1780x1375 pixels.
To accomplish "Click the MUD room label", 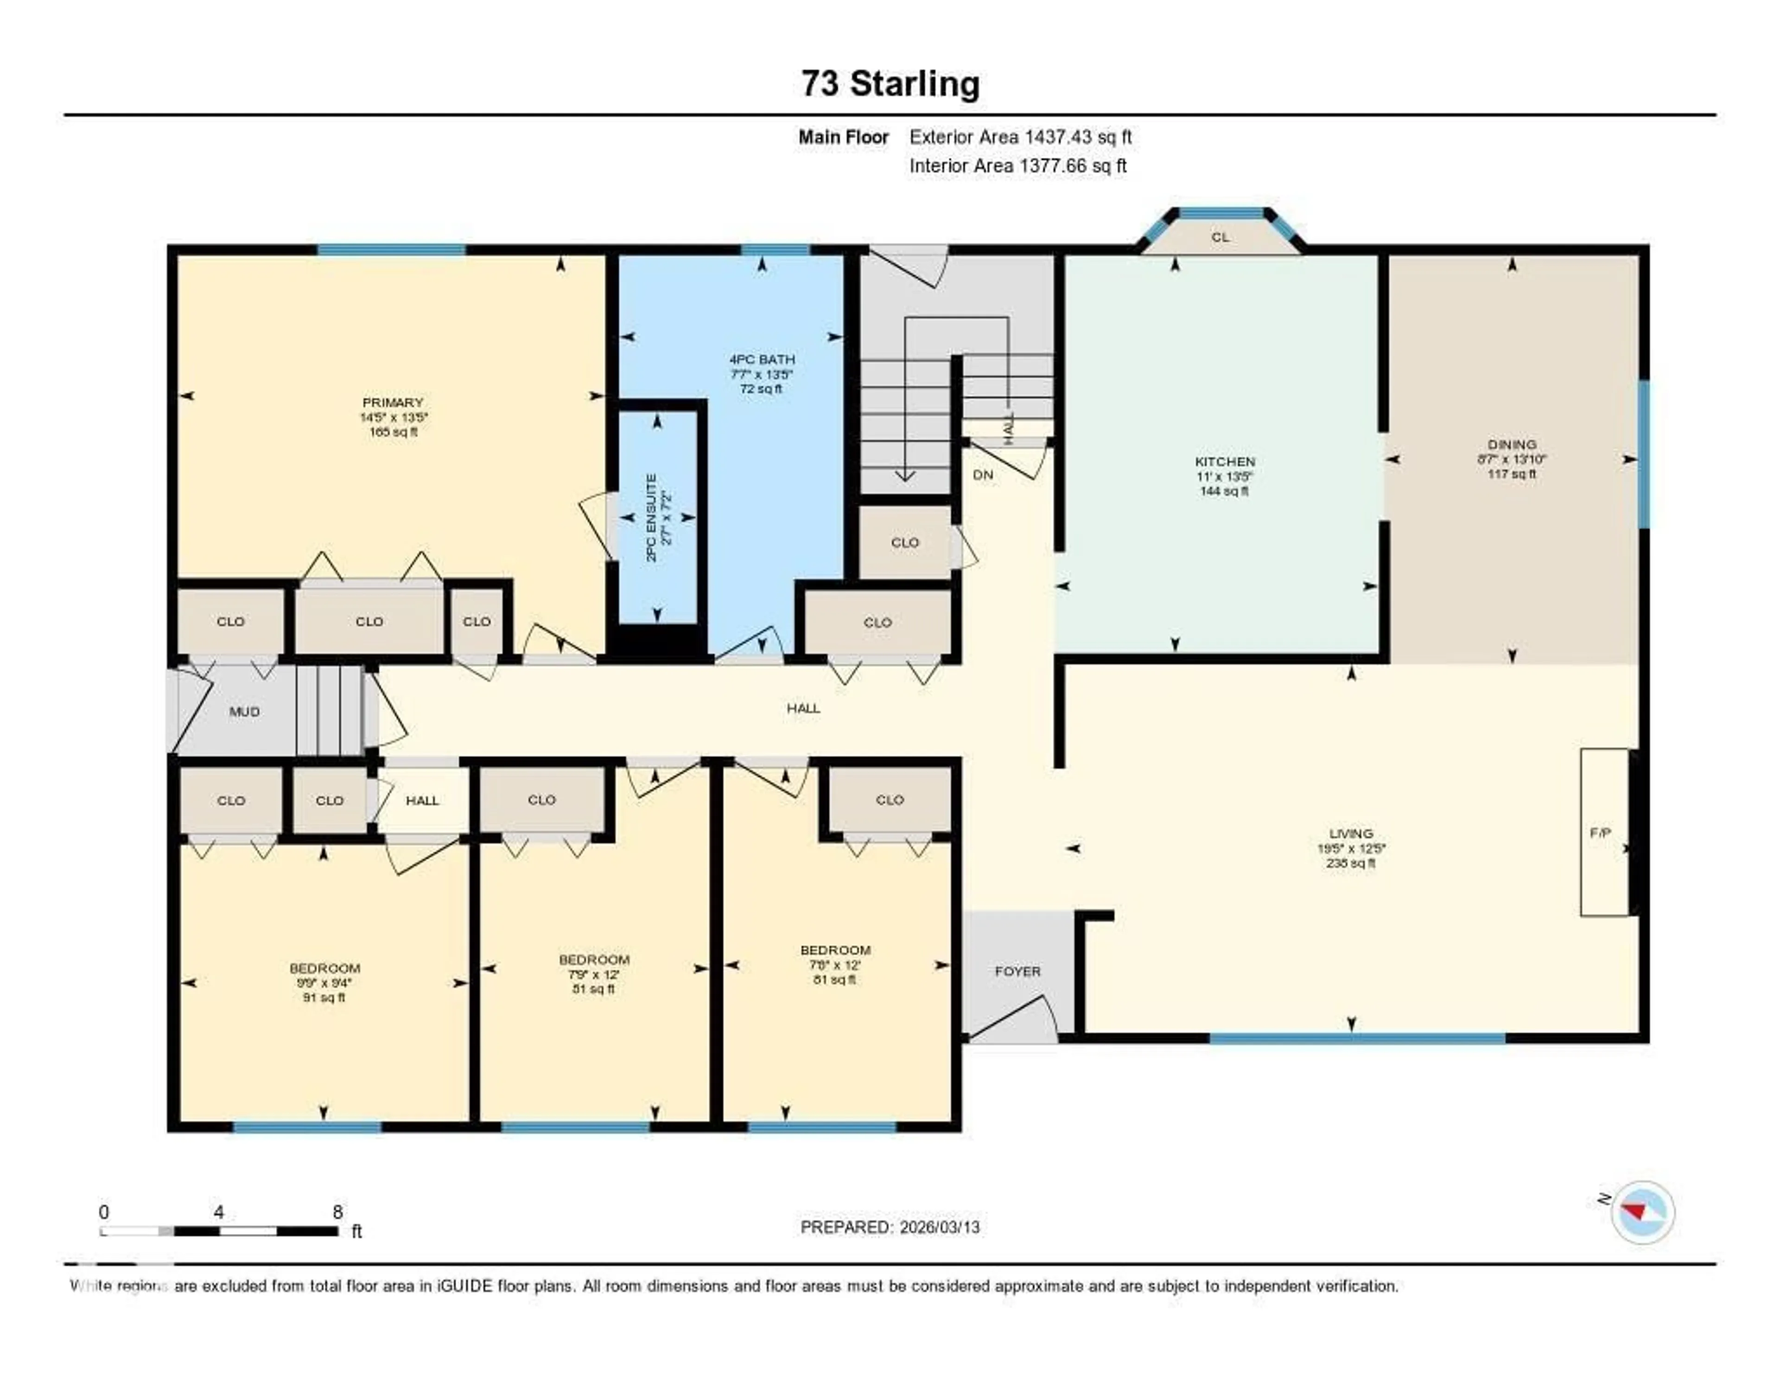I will pos(244,712).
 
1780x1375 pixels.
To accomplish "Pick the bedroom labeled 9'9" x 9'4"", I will pos(324,983).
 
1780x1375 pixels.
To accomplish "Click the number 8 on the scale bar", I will pos(337,1212).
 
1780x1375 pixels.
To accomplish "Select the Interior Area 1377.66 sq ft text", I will pos(1018,166).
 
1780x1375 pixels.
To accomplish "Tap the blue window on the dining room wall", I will pos(1644,454).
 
